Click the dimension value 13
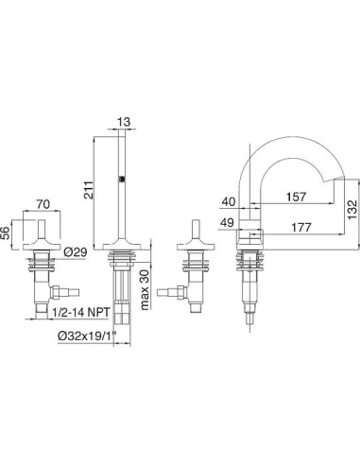click(124, 122)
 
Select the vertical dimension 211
click(89, 190)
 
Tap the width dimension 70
click(43, 204)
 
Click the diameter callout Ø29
click(75, 252)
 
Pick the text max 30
click(146, 288)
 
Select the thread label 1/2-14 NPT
click(81, 312)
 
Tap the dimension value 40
click(228, 201)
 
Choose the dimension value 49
click(227, 223)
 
